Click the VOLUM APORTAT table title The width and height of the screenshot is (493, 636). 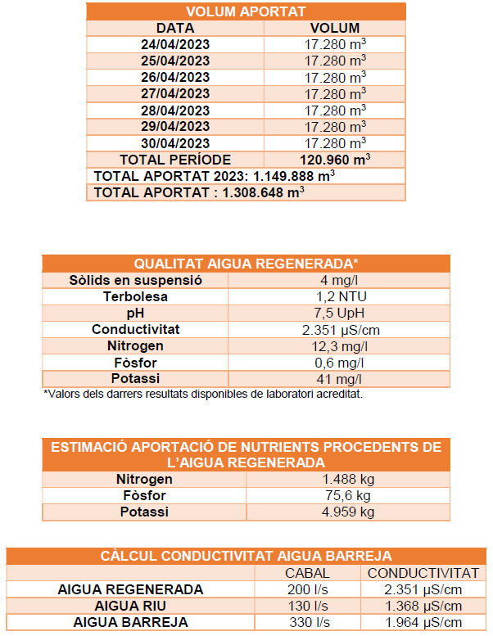246,11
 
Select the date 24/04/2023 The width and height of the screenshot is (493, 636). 175,44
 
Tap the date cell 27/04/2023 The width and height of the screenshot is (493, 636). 175,93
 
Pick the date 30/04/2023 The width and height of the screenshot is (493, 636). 175,142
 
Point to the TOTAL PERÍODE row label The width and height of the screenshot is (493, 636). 175,160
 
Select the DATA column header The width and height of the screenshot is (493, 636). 175,28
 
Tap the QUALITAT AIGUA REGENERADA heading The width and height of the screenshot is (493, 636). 246,264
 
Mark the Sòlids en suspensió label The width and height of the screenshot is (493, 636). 135,280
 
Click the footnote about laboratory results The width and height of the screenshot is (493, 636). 202,394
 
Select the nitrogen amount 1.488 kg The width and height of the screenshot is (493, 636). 347,479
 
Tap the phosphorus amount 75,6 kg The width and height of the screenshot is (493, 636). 347,495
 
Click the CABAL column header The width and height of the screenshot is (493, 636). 307,573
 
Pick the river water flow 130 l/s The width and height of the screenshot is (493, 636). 307,606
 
